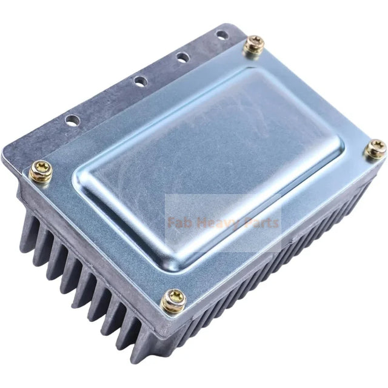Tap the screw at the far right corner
(x=375, y=149)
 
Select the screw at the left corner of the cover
(x=41, y=172)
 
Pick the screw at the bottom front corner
(x=174, y=299)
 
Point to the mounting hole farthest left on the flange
(x=73, y=119)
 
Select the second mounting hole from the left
(x=140, y=80)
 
